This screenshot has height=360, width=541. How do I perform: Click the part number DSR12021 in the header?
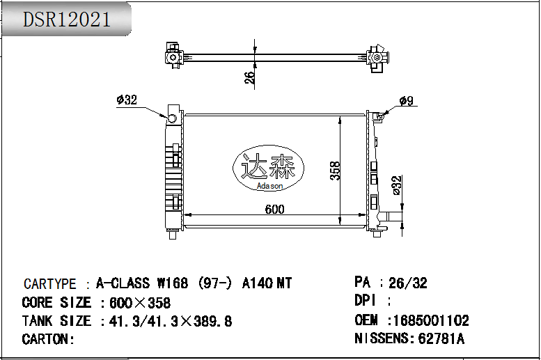point(67,19)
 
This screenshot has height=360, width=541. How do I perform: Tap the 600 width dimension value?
point(275,209)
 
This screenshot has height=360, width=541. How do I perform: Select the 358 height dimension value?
point(335,171)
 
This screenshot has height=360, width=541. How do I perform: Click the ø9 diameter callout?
point(406,101)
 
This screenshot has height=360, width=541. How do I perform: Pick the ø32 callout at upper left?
point(127,100)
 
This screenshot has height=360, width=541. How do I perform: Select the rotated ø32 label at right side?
point(397,186)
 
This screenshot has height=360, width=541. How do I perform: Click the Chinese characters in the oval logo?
point(268,167)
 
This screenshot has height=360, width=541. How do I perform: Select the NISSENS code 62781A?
point(440,339)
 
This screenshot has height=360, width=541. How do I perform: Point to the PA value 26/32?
point(407,283)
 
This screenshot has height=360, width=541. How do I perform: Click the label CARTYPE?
point(50,284)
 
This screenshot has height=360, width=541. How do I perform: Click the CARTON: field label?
point(48,339)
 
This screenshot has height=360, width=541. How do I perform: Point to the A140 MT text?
point(267,283)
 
